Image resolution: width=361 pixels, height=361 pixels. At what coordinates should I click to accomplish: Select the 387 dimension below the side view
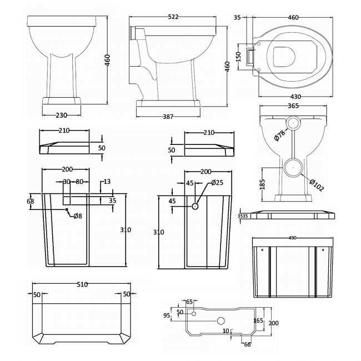tap(170, 117)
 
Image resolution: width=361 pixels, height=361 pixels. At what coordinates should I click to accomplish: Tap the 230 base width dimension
tap(61, 115)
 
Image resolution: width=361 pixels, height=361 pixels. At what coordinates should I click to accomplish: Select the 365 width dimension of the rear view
tap(294, 106)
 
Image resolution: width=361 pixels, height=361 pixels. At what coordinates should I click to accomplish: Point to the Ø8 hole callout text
tap(78, 216)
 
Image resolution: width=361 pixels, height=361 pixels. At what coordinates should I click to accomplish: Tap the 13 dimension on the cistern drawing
tap(107, 181)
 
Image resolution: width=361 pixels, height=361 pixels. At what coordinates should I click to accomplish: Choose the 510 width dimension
tap(82, 285)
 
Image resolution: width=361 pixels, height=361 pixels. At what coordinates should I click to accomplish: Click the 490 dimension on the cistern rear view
tap(292, 238)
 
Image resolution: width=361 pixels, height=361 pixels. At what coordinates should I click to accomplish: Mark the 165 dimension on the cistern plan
tap(258, 320)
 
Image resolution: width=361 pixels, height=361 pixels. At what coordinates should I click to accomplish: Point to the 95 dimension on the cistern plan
tap(166, 315)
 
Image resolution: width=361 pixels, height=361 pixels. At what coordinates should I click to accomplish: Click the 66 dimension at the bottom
tap(247, 345)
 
